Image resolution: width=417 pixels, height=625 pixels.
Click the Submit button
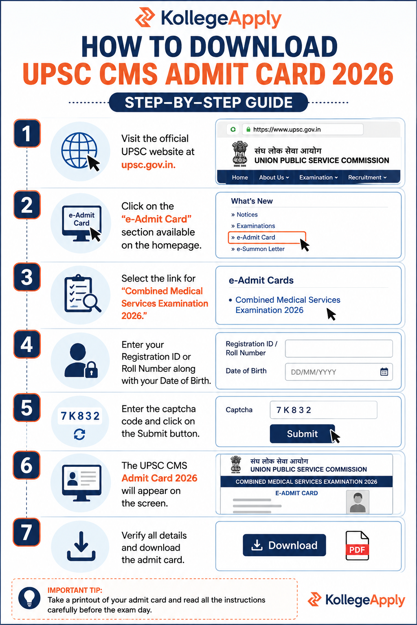click(302, 434)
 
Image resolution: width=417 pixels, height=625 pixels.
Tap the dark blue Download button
click(284, 545)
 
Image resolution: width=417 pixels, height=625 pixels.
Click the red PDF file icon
click(357, 546)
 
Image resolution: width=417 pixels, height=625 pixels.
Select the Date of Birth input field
click(339, 372)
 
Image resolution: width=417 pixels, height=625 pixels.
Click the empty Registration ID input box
click(339, 348)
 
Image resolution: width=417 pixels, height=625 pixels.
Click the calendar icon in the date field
click(384, 372)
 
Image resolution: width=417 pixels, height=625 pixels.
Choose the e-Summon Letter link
click(258, 249)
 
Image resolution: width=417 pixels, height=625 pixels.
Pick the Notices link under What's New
click(244, 214)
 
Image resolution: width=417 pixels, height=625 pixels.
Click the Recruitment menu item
click(367, 177)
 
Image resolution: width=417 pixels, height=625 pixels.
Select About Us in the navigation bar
click(274, 177)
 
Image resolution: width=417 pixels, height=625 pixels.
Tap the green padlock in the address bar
click(248, 129)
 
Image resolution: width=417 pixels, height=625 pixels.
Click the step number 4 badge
click(27, 344)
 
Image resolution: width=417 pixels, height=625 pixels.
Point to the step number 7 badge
click(26, 532)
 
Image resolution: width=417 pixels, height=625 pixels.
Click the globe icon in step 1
click(79, 151)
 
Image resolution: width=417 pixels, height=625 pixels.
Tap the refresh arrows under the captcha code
click(79, 435)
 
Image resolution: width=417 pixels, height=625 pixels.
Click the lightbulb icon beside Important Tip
click(29, 598)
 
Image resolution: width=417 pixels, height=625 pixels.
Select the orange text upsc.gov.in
click(148, 165)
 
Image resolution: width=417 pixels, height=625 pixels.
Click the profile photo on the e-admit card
click(358, 502)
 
